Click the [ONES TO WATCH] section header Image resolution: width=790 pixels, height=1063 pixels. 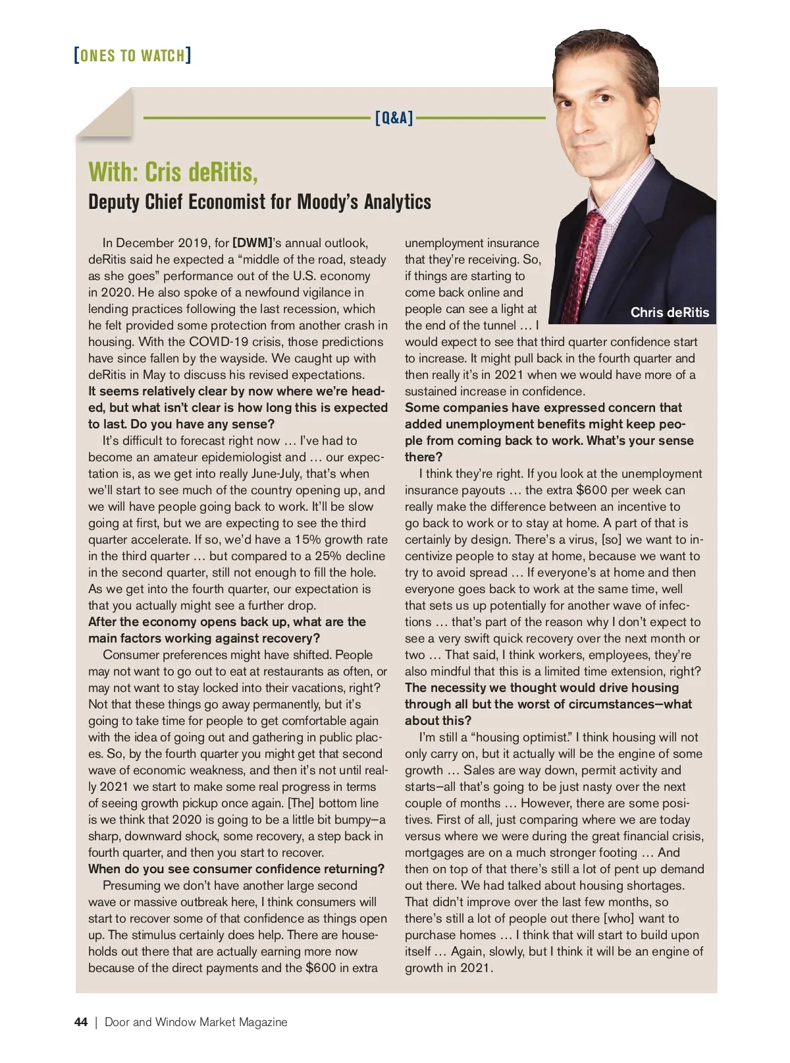(133, 55)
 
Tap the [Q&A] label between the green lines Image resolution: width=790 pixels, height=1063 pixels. (394, 118)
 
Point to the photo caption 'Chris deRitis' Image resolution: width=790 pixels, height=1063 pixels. (670, 312)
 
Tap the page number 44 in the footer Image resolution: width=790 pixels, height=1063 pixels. (81, 1022)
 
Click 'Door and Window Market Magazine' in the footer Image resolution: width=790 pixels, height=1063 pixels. (196, 1022)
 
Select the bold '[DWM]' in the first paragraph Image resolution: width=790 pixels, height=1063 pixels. (252, 243)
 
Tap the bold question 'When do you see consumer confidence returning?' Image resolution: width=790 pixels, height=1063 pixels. (236, 869)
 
